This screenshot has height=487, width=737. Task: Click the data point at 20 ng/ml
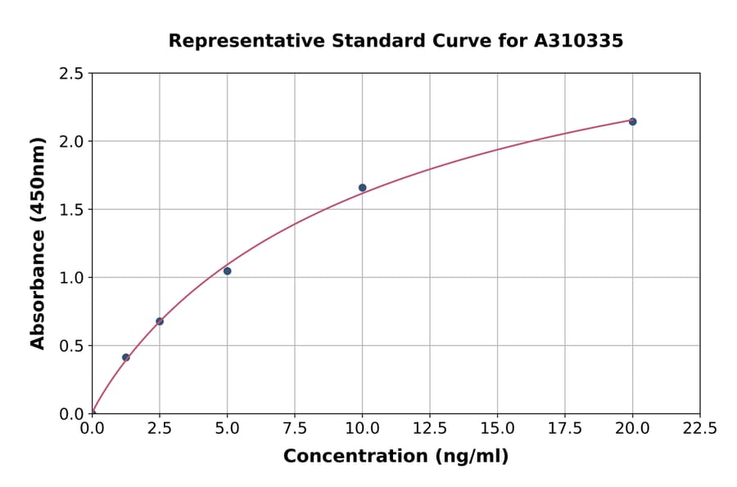pyautogui.click(x=632, y=121)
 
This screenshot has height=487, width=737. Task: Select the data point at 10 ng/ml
pyautogui.click(x=362, y=188)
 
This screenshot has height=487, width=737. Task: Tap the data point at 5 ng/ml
pyautogui.click(x=227, y=271)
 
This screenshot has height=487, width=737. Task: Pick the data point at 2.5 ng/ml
pyautogui.click(x=160, y=321)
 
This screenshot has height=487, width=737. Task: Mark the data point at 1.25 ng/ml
pyautogui.click(x=126, y=357)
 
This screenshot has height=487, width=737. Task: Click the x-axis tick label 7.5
pyautogui.click(x=295, y=429)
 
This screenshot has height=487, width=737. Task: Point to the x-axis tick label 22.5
pyautogui.click(x=699, y=429)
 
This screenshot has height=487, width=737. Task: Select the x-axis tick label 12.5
pyautogui.click(x=430, y=429)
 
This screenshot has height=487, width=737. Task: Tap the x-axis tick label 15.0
pyautogui.click(x=497, y=429)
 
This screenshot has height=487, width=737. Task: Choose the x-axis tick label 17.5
pyautogui.click(x=564, y=429)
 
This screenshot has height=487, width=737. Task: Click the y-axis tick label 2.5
pyautogui.click(x=71, y=74)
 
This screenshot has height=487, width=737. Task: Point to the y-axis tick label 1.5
pyautogui.click(x=71, y=210)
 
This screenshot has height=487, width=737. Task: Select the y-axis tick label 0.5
pyautogui.click(x=71, y=346)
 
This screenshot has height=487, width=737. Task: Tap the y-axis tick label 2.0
pyautogui.click(x=71, y=142)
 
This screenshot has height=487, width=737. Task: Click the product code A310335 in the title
pyautogui.click(x=578, y=41)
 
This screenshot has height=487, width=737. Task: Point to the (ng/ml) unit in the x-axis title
pyautogui.click(x=471, y=457)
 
